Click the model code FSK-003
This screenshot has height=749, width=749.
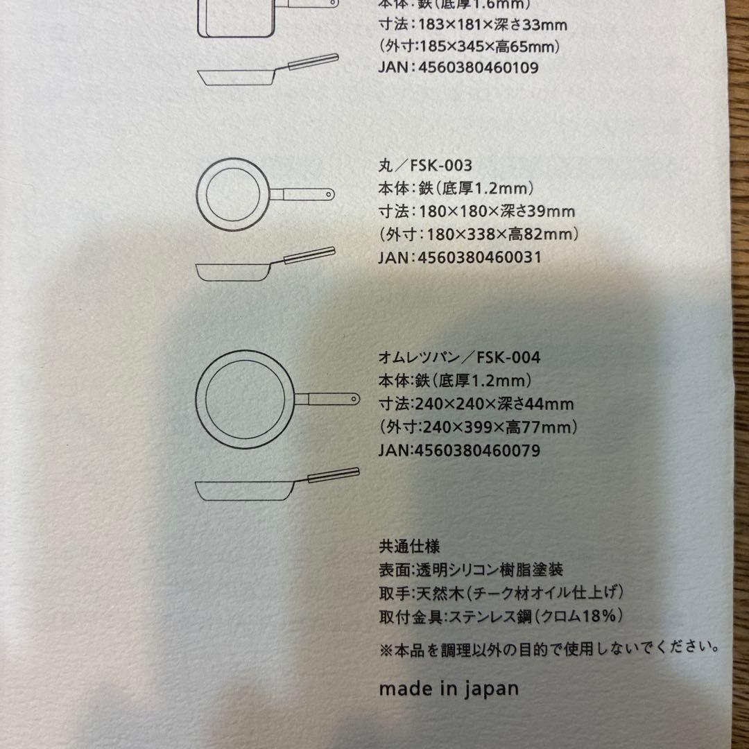point(441,165)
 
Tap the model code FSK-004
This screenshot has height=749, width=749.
point(508,357)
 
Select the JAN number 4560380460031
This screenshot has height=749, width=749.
point(480,257)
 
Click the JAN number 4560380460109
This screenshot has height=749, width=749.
point(478,67)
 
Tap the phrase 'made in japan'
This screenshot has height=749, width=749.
point(449,689)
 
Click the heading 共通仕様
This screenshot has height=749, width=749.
point(409,546)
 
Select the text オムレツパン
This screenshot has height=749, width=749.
point(419,357)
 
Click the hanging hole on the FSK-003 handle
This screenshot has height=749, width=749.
point(329,194)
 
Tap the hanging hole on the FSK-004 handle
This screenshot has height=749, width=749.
point(354,398)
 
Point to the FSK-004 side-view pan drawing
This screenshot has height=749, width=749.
point(277,484)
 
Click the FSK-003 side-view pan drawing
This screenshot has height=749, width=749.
point(266,264)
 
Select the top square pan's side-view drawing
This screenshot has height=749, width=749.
point(268,70)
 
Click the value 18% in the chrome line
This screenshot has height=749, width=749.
point(596,615)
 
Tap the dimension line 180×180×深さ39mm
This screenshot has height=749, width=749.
point(497,211)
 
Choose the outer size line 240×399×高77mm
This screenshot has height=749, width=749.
point(478,427)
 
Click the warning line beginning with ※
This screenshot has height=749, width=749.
point(549,649)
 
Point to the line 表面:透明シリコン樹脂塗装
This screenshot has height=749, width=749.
point(471,569)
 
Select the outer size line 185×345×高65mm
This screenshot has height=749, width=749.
point(470,46)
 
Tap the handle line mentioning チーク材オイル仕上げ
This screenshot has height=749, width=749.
point(501,593)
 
